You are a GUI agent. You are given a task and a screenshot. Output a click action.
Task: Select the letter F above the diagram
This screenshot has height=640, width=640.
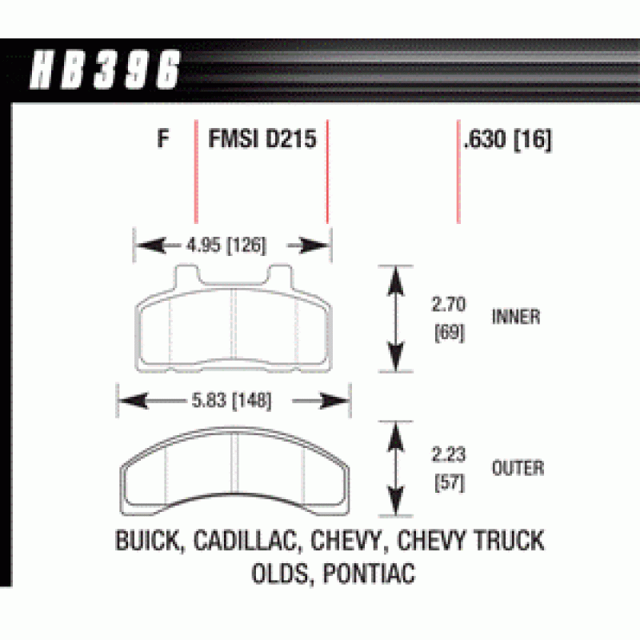tap(163, 140)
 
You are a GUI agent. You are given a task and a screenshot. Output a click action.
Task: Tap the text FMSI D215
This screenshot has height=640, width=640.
tap(262, 140)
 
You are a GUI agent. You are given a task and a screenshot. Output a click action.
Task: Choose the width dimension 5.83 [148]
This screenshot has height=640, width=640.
tap(232, 400)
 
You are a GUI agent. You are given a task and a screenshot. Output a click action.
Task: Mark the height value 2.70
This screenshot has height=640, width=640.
tap(446, 304)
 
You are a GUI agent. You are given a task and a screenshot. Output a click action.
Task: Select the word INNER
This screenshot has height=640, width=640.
tap(516, 317)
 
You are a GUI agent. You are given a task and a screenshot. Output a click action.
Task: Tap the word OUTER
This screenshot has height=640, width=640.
tap(518, 468)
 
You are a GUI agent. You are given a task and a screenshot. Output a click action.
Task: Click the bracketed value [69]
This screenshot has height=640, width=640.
tap(447, 329)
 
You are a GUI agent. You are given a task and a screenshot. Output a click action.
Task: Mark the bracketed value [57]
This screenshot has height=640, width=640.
tap(447, 482)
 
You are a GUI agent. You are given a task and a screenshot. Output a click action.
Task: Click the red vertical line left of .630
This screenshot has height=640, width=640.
tap(458, 172)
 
